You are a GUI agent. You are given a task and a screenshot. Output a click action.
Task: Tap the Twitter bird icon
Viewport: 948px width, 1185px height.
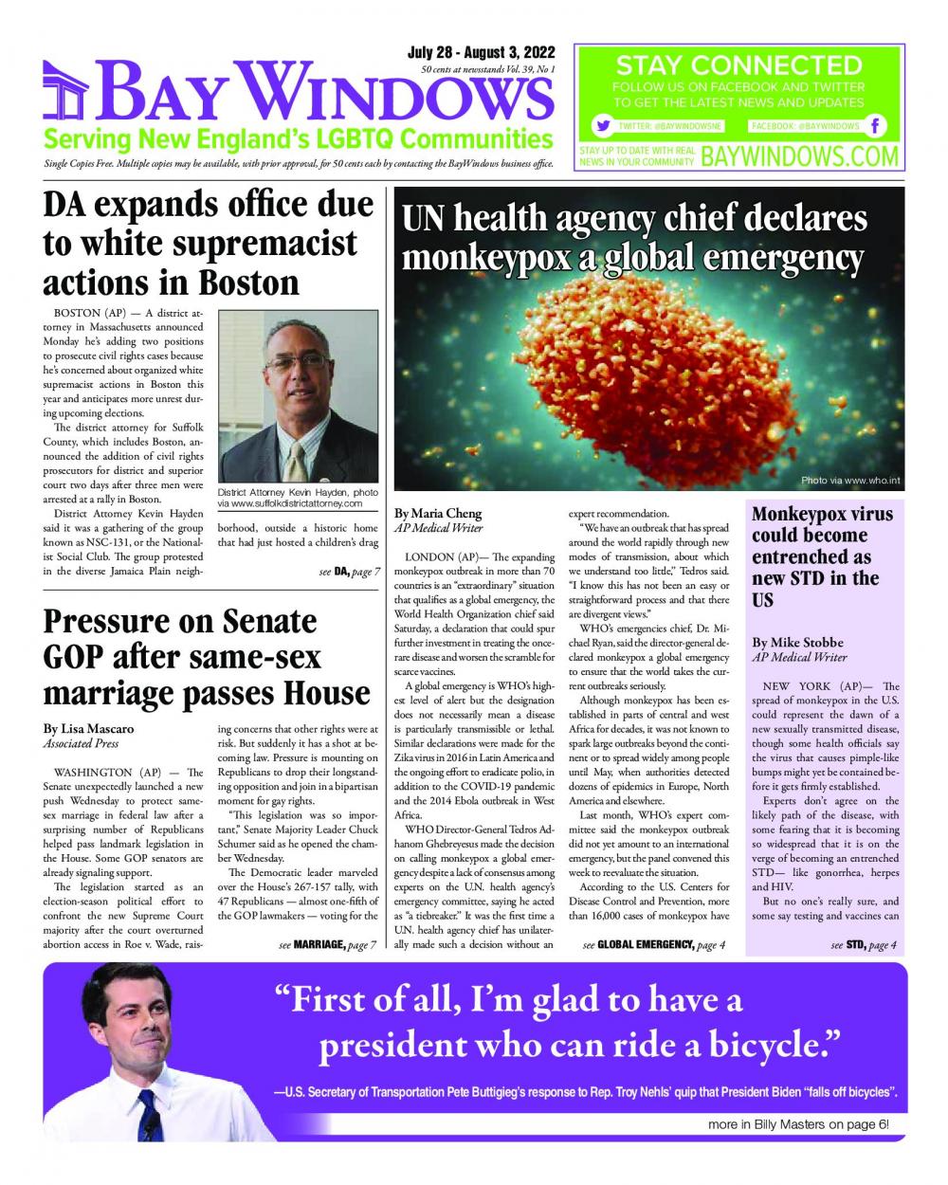(601, 126)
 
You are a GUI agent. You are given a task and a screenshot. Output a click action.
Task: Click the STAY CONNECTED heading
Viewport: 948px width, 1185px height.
(738, 65)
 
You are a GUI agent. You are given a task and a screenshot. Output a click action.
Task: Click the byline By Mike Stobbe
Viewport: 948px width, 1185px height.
(795, 642)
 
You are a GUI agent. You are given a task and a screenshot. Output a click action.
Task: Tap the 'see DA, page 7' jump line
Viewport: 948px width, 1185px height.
(350, 572)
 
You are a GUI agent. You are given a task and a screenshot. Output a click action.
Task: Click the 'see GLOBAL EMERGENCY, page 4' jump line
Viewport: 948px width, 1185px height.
(654, 944)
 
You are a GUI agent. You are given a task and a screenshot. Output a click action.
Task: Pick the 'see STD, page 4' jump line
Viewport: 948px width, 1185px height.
(863, 944)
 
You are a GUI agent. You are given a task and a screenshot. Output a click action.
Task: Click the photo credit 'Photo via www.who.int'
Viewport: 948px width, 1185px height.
(848, 480)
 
